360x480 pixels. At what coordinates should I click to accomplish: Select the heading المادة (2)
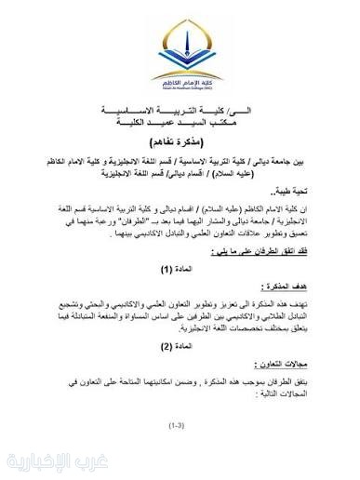[179, 345]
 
